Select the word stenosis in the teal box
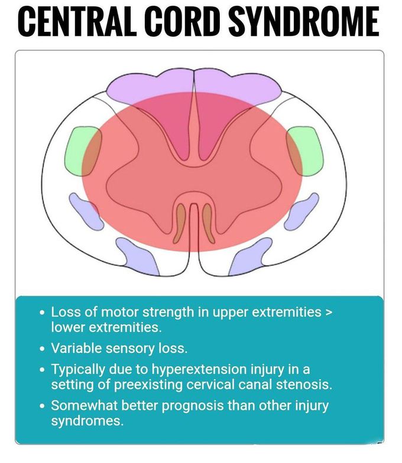(301, 384)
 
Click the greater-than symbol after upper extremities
(329, 312)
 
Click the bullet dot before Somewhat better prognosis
(40, 407)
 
